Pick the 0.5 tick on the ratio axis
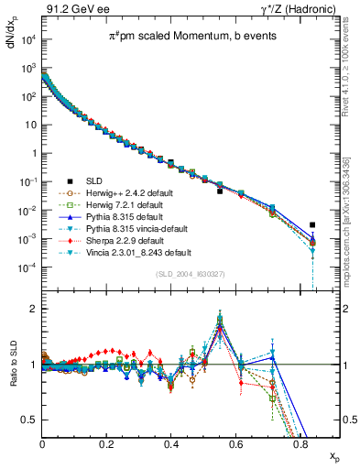[33, 420]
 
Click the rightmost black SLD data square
[313, 224]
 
